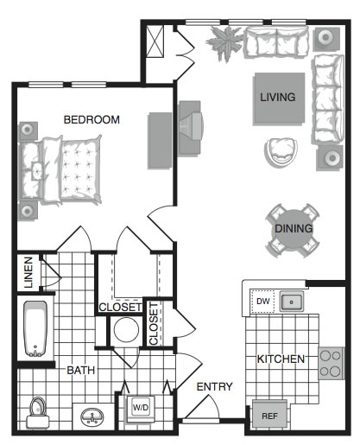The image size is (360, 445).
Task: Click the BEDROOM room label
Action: coord(92,119)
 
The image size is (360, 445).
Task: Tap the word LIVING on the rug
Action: coord(278,97)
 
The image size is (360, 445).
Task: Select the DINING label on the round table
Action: coord(294,228)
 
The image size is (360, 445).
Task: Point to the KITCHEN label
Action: coord(281,359)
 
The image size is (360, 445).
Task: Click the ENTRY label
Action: coord(214,386)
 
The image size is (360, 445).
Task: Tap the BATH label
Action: coord(81,370)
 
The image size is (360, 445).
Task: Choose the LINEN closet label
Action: coord(28,272)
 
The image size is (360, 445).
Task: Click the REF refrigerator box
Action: coord(269,416)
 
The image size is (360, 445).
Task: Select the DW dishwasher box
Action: coord(262,302)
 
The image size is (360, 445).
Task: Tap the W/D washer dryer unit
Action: coord(141,408)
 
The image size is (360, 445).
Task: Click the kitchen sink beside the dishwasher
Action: coord(291,302)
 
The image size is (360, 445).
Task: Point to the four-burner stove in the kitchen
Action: coord(331,363)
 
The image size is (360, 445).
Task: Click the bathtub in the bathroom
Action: coord(35,329)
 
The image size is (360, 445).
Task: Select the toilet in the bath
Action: coord(38,412)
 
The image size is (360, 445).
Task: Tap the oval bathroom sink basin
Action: coord(92,416)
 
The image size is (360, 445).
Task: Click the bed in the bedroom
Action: coord(60,170)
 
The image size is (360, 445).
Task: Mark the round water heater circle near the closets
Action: coord(126,330)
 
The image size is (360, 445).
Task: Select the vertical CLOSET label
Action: coord(154,323)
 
